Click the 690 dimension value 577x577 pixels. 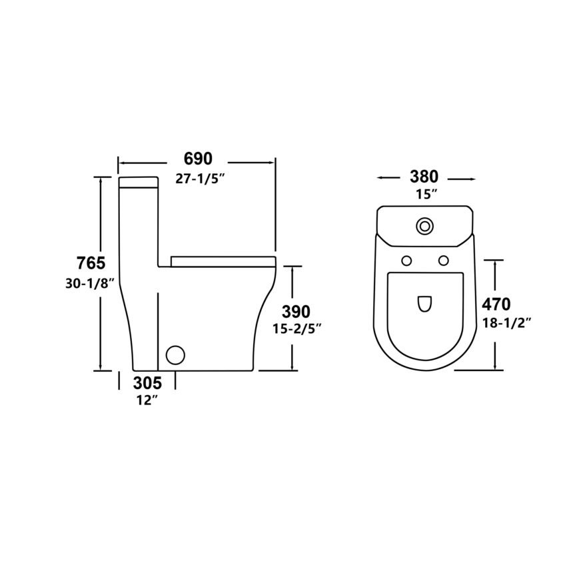(198, 159)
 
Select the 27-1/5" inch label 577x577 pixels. (200, 179)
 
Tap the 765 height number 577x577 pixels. (91, 263)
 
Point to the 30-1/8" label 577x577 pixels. (88, 283)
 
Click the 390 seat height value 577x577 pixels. (296, 312)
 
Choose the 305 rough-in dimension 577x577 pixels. (147, 383)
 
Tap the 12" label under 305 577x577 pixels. (147, 400)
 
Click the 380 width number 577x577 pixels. (424, 177)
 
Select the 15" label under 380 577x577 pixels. (426, 194)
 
